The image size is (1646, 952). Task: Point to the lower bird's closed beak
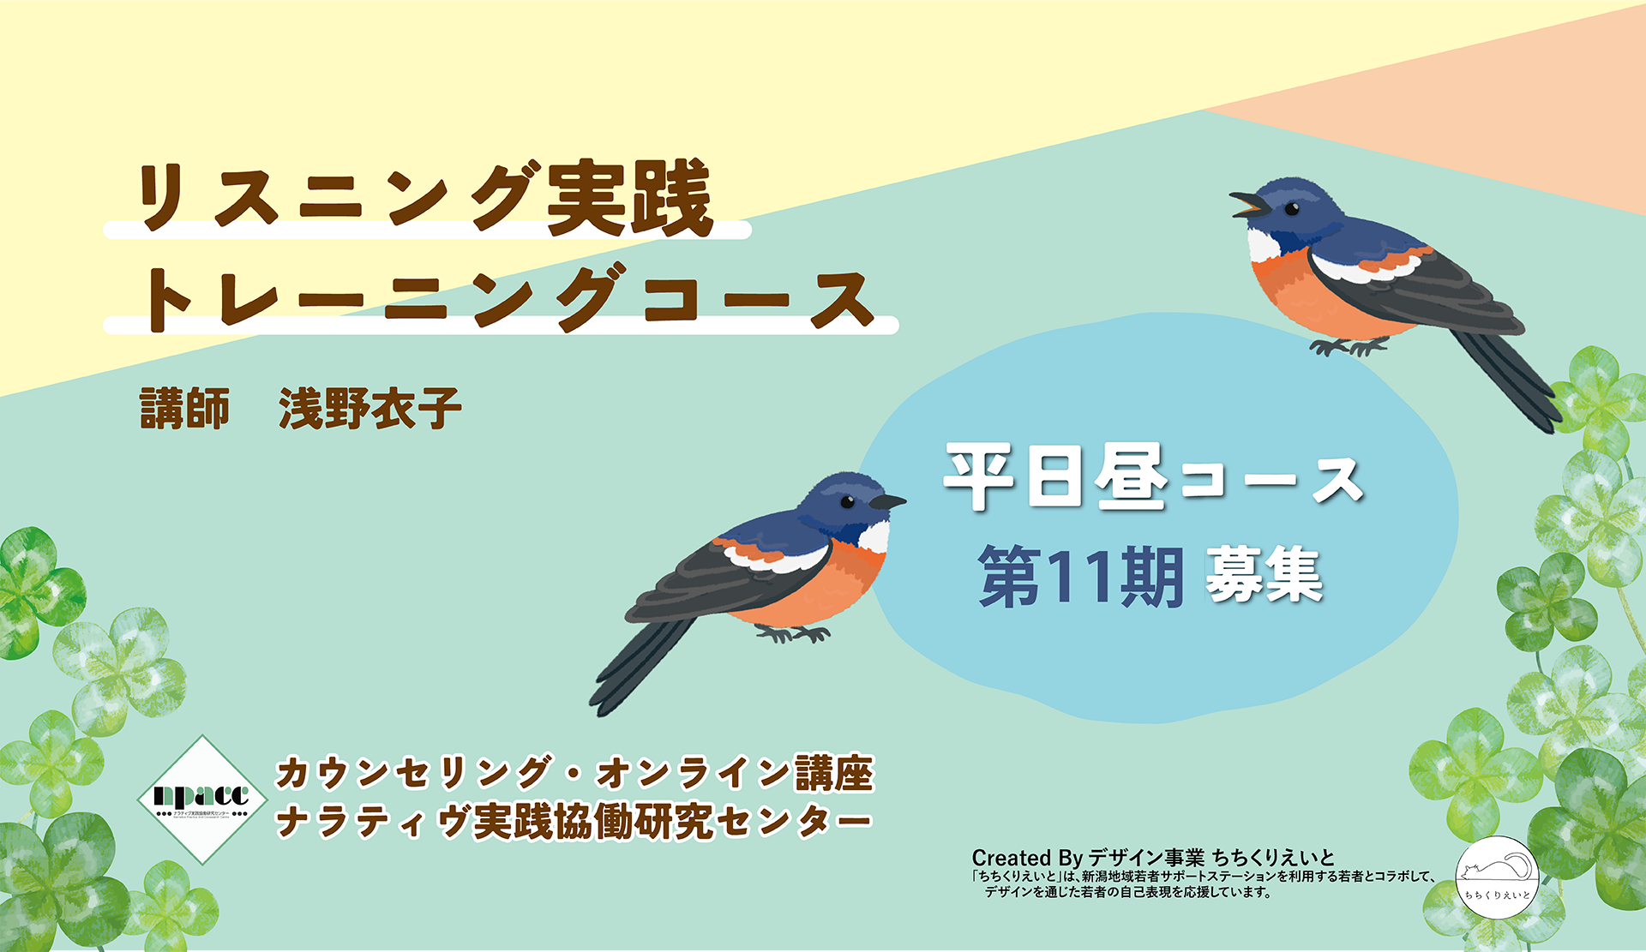pyautogui.click(x=888, y=502)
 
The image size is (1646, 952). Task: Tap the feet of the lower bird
pyautogui.click(x=794, y=634)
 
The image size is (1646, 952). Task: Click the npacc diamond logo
pyautogui.click(x=201, y=799)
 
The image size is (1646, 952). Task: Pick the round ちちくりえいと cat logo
pyautogui.click(x=1497, y=877)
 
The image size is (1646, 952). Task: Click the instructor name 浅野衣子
pyautogui.click(x=369, y=408)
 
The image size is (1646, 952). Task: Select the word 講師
pyautogui.click(x=184, y=408)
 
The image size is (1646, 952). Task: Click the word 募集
pyautogui.click(x=1264, y=575)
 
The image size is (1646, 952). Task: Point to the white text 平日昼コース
pyautogui.click(x=1153, y=477)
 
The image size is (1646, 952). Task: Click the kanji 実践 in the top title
pyautogui.click(x=630, y=199)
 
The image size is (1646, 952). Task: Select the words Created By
pyautogui.click(x=1027, y=858)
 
